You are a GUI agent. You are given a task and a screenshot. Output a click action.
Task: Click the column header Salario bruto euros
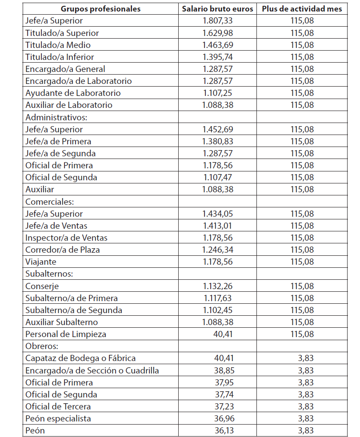pyautogui.click(x=217, y=9)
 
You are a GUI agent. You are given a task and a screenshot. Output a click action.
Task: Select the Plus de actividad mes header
pyautogui.click(x=302, y=9)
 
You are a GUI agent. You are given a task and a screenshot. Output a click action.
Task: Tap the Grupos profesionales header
pyautogui.click(x=100, y=9)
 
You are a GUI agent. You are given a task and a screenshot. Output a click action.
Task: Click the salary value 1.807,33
pyautogui.click(x=217, y=21)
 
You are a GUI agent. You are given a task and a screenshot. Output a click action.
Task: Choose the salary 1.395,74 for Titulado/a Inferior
pyautogui.click(x=217, y=57)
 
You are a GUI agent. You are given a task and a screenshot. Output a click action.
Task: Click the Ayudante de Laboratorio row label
pyautogui.click(x=73, y=93)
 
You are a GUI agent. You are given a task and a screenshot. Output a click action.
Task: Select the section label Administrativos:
pyautogui.click(x=56, y=117)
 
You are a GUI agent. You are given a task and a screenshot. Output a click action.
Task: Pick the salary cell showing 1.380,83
pyautogui.click(x=217, y=141)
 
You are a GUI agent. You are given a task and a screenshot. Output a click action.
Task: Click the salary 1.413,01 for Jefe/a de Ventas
pyautogui.click(x=217, y=226)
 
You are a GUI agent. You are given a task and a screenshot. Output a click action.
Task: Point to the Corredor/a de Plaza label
pyautogui.click(x=62, y=250)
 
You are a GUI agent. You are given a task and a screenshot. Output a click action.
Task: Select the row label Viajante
pyautogui.click(x=41, y=262)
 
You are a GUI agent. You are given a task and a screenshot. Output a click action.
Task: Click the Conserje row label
pyautogui.click(x=42, y=286)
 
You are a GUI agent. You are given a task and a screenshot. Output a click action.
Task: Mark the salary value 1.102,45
pyautogui.click(x=217, y=310)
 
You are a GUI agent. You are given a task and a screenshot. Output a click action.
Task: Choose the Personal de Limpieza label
pyautogui.click(x=66, y=334)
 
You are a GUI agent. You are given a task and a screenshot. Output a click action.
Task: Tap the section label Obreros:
pyautogui.click(x=43, y=346)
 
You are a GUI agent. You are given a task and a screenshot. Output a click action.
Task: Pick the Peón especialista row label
pyautogui.click(x=58, y=418)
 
